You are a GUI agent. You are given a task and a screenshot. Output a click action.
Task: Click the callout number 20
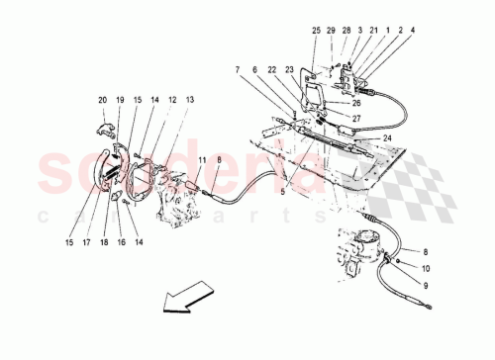click(x=101, y=100)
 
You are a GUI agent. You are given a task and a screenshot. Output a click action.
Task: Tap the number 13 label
click(x=189, y=100)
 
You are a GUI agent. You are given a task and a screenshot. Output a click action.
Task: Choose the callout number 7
click(x=238, y=69)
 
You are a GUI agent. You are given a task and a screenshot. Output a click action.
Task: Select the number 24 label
click(x=387, y=137)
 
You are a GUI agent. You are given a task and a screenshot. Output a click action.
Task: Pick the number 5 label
click(x=281, y=192)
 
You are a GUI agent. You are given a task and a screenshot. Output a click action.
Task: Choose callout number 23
click(x=290, y=69)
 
